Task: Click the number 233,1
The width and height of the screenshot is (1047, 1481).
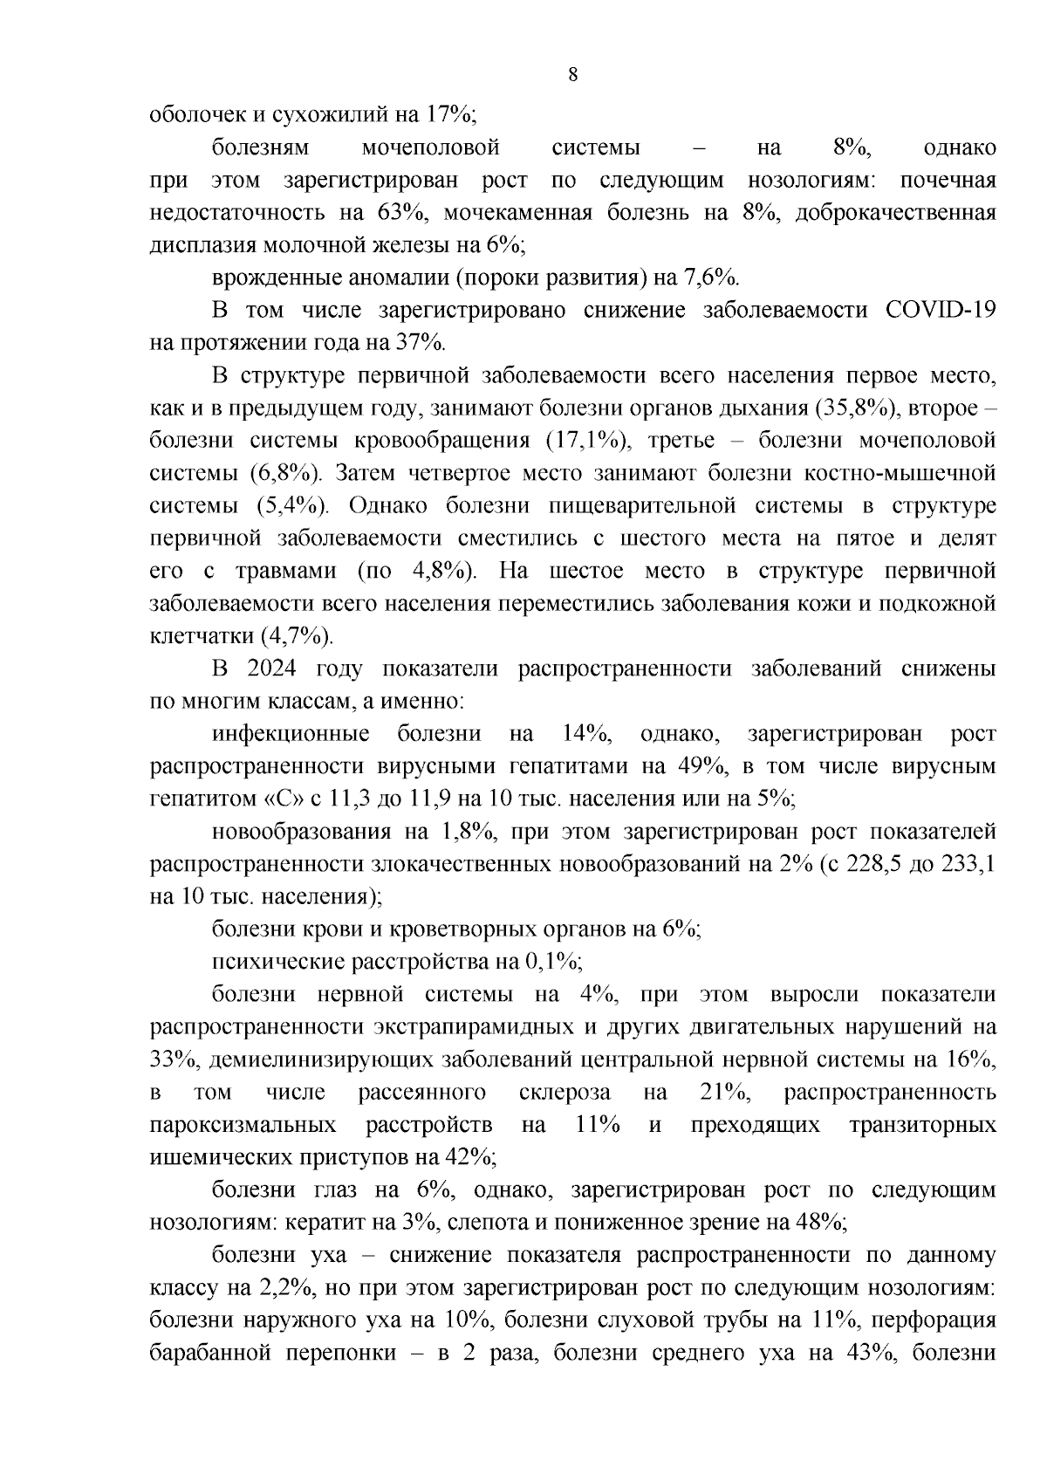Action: tap(968, 864)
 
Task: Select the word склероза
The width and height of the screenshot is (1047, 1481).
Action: tap(565, 1092)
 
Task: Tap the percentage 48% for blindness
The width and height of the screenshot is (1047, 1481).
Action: tap(819, 1222)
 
